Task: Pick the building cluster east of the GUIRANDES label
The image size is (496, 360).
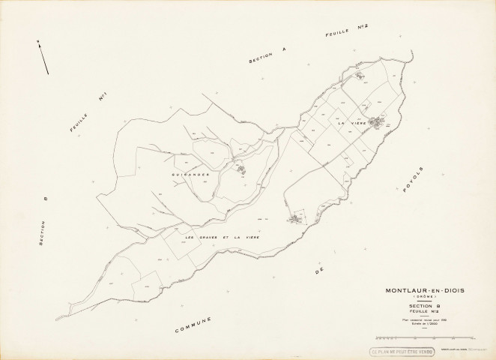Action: (242, 170)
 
